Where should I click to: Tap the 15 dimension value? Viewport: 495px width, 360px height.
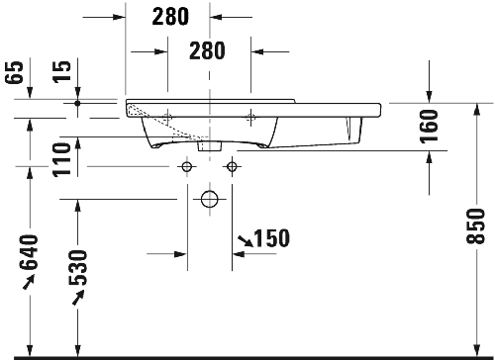point(62,72)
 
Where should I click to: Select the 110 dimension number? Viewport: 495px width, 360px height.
point(62,158)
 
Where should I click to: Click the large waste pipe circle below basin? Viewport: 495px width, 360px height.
point(209,199)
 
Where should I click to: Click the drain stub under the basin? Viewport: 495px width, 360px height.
point(209,145)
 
